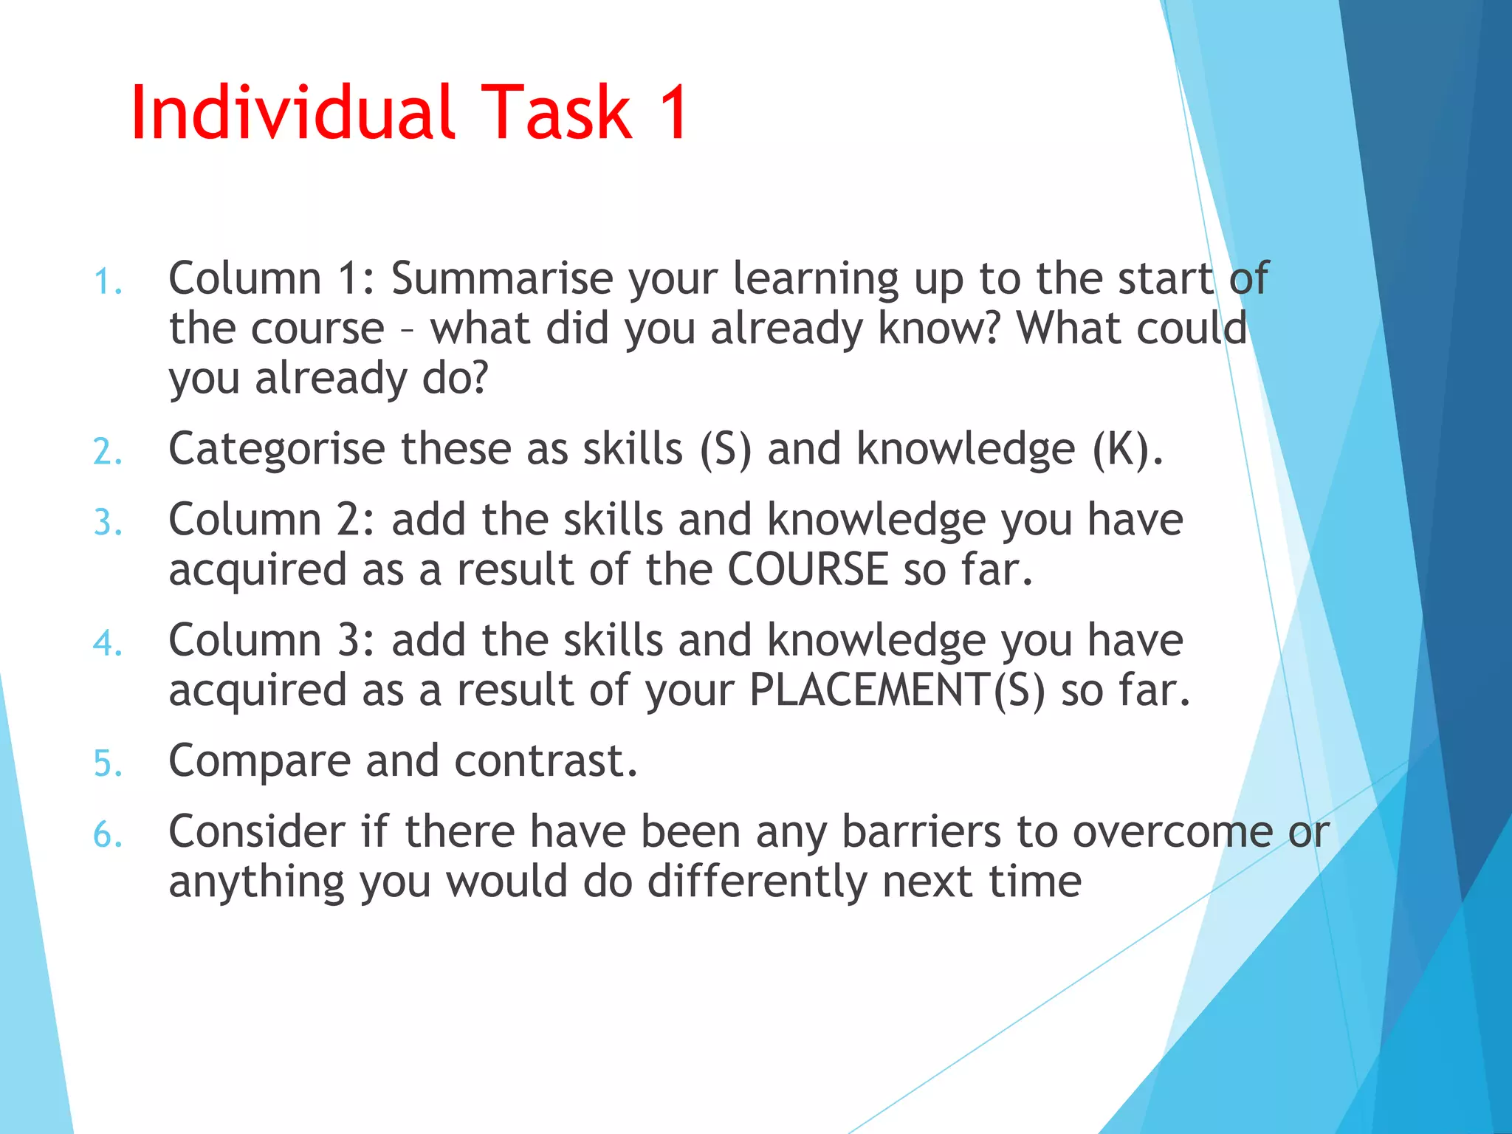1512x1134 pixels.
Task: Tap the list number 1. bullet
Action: click(108, 282)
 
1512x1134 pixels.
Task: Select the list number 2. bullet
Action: click(108, 452)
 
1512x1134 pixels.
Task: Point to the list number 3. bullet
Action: click(108, 523)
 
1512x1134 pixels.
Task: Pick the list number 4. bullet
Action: click(108, 643)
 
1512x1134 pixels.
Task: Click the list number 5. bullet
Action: click(108, 763)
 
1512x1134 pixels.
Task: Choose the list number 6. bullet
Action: click(108, 835)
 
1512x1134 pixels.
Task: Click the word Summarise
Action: click(502, 278)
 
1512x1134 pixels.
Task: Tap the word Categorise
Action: click(277, 449)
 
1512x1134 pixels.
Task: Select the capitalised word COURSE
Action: click(808, 569)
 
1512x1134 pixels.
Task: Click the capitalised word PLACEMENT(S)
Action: click(897, 690)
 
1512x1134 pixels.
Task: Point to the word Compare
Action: click(259, 761)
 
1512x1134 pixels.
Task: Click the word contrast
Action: click(546, 761)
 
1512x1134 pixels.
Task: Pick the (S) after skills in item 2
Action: click(726, 449)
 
